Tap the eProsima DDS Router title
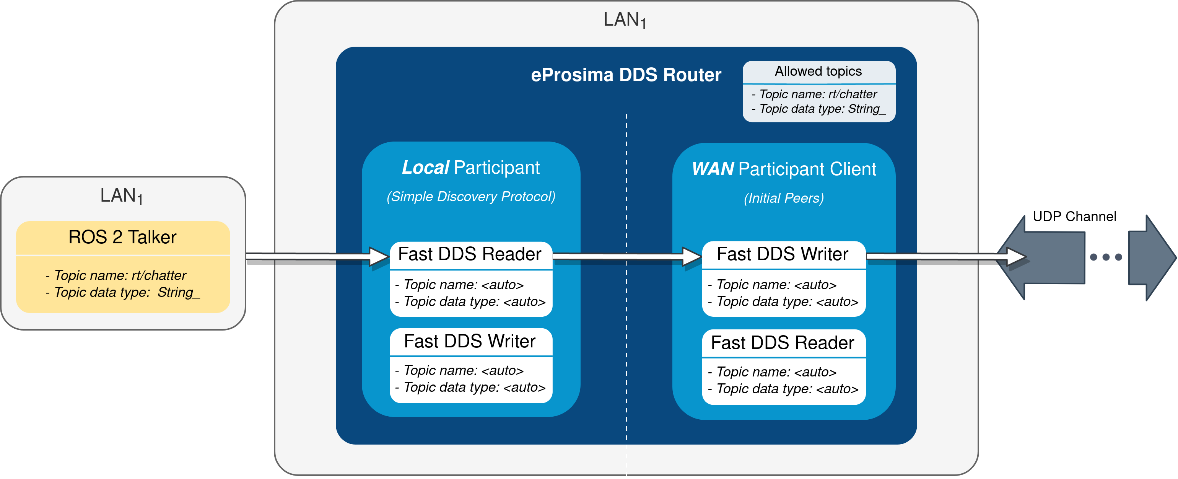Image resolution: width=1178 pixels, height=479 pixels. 626,75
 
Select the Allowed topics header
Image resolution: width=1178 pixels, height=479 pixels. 818,72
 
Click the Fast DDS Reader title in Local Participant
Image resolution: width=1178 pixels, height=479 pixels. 470,254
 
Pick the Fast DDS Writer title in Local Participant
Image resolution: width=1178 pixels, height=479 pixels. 470,341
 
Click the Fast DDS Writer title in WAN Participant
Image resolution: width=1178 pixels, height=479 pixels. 783,254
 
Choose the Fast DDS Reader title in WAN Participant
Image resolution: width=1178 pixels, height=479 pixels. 783,343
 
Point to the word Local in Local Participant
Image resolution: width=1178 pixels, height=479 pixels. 425,168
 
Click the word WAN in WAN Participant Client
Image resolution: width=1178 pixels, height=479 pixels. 713,169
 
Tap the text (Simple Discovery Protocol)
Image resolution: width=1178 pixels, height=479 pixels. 470,197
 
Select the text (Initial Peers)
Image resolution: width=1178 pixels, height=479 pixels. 783,198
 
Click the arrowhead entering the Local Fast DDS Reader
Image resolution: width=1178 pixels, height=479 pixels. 379,257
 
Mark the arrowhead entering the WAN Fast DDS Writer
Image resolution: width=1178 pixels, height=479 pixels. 692,257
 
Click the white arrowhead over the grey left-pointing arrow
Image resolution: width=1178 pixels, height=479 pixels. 1017,257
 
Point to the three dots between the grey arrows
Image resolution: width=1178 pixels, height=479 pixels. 1106,257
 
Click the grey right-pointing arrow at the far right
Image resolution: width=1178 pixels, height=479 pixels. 1150,257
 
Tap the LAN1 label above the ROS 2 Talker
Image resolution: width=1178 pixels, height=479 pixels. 122,196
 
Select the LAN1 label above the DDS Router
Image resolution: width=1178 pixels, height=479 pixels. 625,20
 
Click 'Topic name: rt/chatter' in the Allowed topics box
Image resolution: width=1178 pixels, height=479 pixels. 818,94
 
